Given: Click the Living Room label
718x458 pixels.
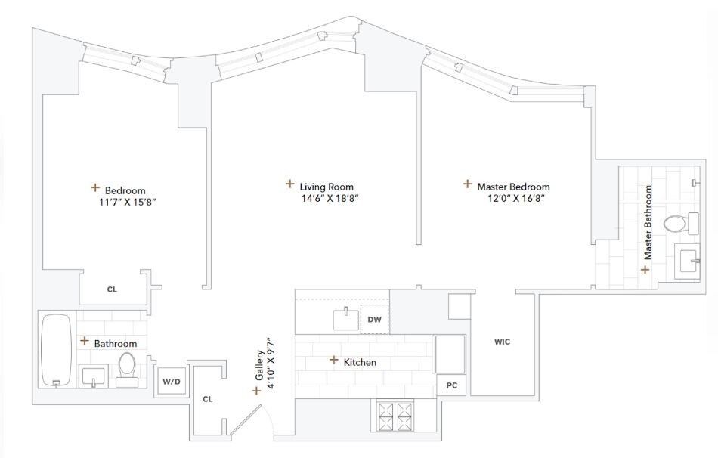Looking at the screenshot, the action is click(x=326, y=187).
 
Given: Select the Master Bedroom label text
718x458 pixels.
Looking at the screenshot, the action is click(x=513, y=187).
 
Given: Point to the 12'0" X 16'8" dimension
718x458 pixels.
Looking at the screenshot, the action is click(x=516, y=199).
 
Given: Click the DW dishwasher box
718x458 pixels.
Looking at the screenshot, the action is click(x=374, y=320).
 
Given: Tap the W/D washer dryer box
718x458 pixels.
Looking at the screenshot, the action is click(x=172, y=382).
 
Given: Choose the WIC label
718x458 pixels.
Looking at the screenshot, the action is click(x=502, y=342).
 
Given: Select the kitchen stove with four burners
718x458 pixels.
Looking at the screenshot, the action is click(x=397, y=416).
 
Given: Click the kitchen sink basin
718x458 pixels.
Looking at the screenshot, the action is click(x=346, y=320).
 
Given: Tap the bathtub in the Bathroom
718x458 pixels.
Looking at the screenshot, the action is click(x=56, y=351).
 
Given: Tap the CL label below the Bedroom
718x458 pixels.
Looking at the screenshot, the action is click(x=112, y=289).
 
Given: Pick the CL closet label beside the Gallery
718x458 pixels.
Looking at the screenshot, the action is click(x=209, y=398).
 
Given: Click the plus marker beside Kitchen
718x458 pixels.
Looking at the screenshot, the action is click(x=333, y=361).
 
